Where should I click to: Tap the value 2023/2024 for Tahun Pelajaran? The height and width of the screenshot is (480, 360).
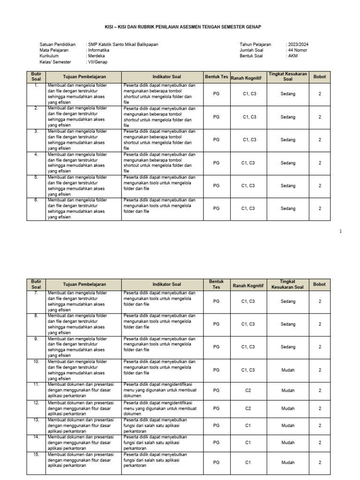[x=297, y=45]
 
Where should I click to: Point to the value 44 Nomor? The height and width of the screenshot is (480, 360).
[x=297, y=50]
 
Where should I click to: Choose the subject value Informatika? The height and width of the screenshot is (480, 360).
[x=98, y=50]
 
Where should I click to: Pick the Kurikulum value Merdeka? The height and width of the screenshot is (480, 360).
[x=97, y=56]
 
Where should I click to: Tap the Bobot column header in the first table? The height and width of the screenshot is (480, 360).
[x=320, y=76]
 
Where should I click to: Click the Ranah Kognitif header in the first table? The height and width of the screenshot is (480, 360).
[x=248, y=77]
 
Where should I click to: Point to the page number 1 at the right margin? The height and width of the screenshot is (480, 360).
[x=341, y=231]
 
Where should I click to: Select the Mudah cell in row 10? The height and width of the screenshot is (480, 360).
[x=288, y=370]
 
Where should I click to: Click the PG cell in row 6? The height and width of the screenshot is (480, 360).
[x=216, y=209]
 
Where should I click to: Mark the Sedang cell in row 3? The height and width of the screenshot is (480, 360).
[x=288, y=140]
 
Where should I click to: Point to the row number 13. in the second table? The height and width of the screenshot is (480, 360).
[x=36, y=420]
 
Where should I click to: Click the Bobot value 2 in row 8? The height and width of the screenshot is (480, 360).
[x=320, y=324]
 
